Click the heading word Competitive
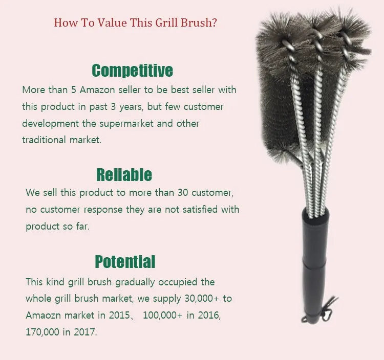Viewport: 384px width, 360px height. click(132, 71)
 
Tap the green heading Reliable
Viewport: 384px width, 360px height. click(124, 174)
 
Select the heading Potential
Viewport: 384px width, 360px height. click(125, 262)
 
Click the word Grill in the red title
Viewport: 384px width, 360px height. click(166, 22)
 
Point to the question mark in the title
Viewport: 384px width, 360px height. click(214, 22)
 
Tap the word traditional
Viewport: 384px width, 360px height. click(44, 140)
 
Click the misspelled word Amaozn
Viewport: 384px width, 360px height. click(43, 315)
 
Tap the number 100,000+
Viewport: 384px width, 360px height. click(163, 315)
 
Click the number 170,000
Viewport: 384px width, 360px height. click(42, 332)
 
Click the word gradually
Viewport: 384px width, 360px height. click(135, 282)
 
